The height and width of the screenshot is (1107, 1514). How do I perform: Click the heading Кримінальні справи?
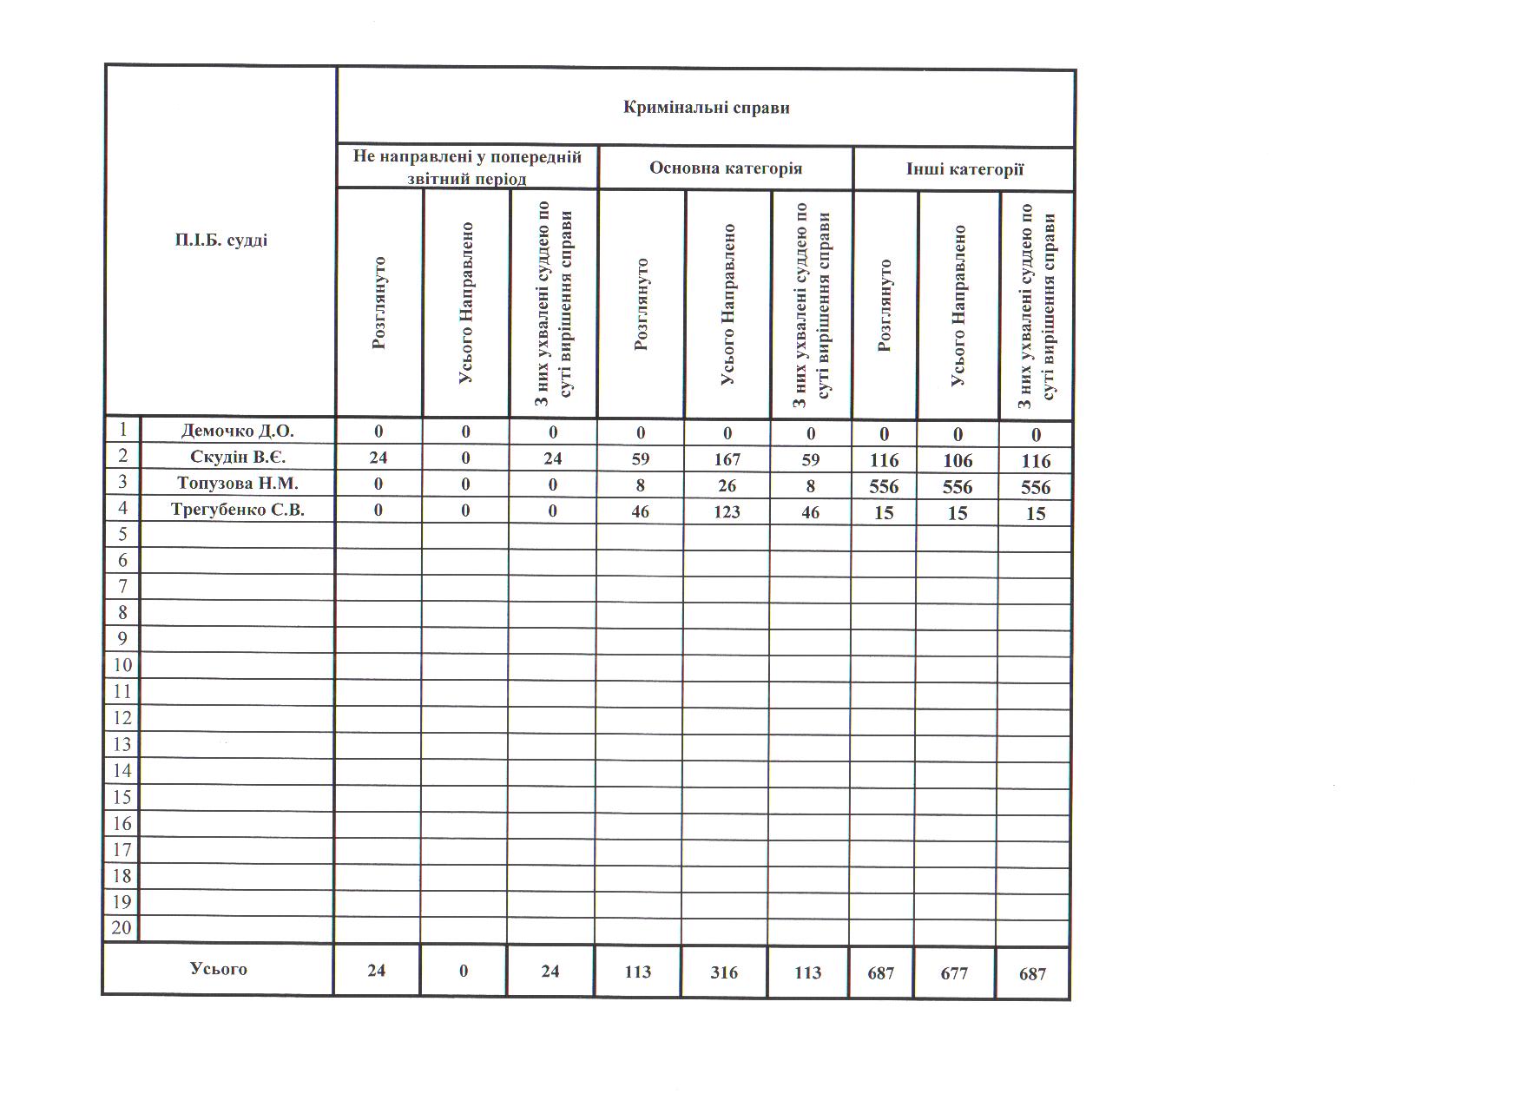(706, 109)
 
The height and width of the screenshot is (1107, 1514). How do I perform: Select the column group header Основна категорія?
(726, 168)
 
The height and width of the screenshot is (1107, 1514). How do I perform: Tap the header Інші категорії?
(964, 169)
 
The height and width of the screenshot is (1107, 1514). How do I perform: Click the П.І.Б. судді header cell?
(221, 241)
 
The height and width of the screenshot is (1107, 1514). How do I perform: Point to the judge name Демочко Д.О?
(237, 431)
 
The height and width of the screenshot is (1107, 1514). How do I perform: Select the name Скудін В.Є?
(237, 457)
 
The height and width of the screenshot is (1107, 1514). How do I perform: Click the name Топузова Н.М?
(237, 484)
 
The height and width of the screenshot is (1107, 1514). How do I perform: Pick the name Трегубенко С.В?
(237, 510)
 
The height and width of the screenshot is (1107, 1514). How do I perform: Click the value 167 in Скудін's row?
(727, 459)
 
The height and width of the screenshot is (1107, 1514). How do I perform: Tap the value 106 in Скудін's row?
(958, 461)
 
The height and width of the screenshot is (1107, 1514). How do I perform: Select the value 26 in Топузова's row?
(727, 485)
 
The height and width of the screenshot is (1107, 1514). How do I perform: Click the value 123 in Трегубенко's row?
(727, 512)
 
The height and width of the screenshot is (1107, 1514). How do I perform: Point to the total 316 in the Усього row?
(724, 972)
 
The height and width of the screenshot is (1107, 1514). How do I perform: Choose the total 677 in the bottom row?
(954, 974)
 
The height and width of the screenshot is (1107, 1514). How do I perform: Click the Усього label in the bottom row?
(218, 969)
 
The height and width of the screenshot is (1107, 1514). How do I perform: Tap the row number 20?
(122, 928)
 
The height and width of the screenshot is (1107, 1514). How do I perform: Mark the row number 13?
(122, 744)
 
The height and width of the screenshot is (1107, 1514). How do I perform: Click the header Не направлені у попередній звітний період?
(467, 168)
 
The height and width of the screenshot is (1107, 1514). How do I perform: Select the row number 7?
(122, 587)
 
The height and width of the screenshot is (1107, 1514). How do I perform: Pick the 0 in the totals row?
(464, 971)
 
